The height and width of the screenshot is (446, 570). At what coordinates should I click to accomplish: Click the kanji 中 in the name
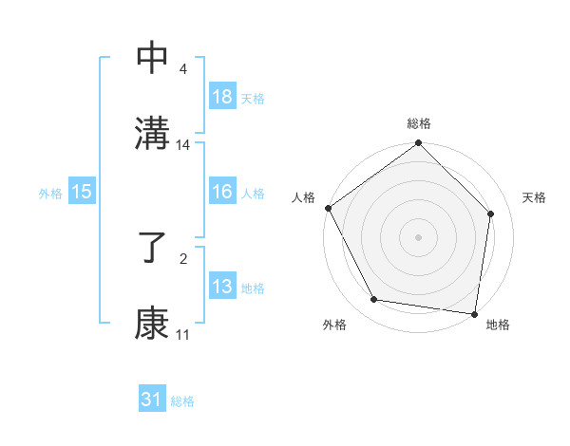(x=152, y=58)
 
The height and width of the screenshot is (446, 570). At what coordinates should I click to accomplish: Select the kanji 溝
(x=152, y=132)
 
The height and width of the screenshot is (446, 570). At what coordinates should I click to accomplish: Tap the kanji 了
(x=152, y=251)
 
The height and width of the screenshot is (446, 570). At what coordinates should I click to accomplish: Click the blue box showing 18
(x=221, y=96)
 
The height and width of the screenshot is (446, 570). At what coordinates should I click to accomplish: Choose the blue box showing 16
(x=221, y=192)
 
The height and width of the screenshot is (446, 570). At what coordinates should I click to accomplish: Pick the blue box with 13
(x=221, y=287)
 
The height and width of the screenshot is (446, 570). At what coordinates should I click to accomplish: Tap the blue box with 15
(x=82, y=192)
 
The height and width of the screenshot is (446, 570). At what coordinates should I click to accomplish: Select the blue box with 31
(x=152, y=400)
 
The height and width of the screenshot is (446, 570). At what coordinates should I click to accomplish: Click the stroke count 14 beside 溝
(x=183, y=145)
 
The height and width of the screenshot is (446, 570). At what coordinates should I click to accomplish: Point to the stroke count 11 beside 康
(x=182, y=335)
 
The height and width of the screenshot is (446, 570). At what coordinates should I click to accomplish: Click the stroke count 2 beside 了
(x=182, y=257)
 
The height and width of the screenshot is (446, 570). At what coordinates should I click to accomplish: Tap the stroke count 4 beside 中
(x=182, y=68)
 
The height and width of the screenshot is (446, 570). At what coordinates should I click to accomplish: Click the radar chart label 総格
(x=418, y=123)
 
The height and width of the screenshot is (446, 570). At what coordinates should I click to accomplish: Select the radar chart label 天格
(x=534, y=197)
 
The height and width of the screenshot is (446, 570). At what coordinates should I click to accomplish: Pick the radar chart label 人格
(x=304, y=197)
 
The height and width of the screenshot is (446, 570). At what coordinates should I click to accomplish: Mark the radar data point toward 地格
(x=475, y=313)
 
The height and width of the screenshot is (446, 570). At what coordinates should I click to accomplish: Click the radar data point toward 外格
(x=374, y=300)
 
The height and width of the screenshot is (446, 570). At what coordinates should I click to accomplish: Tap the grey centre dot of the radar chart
(x=418, y=236)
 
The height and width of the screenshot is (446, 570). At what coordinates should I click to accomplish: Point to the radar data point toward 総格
(x=418, y=144)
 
